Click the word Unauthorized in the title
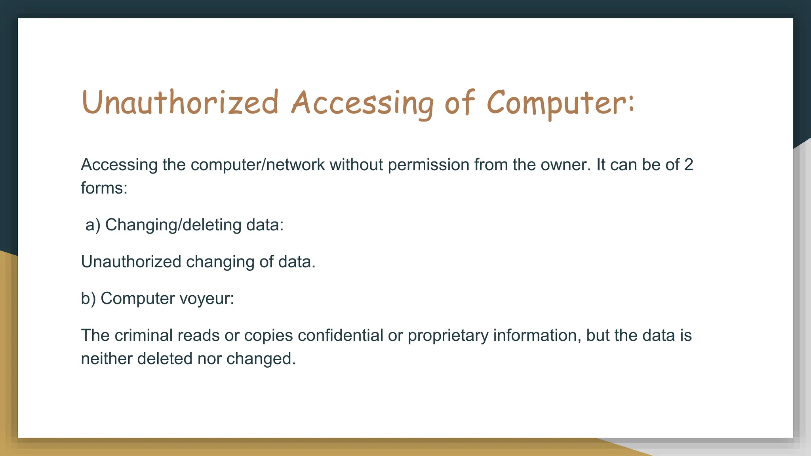(x=180, y=103)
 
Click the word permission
(x=428, y=165)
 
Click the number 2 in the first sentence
(x=689, y=165)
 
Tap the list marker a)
(x=93, y=225)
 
